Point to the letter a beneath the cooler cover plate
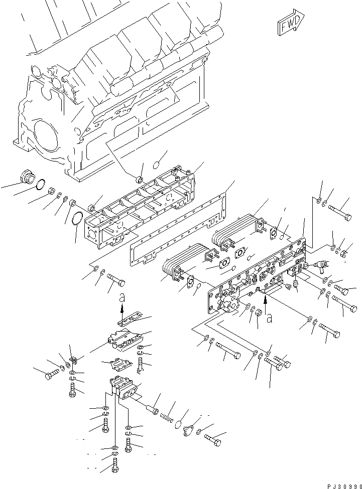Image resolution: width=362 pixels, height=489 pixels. [270, 316]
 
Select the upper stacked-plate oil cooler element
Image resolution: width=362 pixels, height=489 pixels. [236, 231]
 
